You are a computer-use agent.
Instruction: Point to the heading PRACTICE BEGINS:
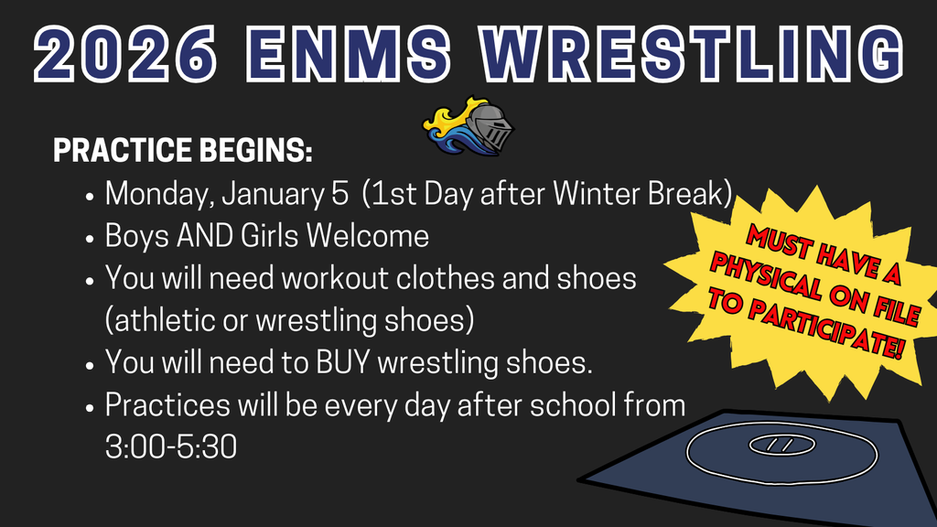click(x=183, y=152)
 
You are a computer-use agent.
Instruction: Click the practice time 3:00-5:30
click(x=171, y=447)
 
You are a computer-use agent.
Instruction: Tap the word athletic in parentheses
click(x=161, y=321)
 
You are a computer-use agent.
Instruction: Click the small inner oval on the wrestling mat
click(x=781, y=445)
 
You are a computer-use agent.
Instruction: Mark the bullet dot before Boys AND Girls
click(x=90, y=238)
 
